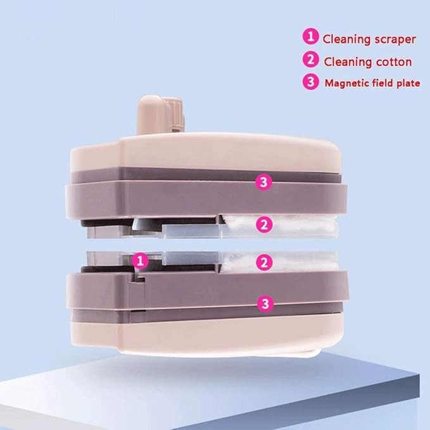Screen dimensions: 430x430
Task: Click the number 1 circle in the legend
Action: click(x=310, y=36)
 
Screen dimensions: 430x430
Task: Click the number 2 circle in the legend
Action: click(x=311, y=60)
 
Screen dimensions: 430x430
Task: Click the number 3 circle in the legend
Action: click(x=311, y=82)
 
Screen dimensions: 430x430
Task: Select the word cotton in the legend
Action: click(x=394, y=61)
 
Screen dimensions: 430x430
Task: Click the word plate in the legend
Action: click(x=408, y=84)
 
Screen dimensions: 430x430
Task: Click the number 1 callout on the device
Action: click(x=140, y=260)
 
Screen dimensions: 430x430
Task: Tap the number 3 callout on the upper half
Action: click(x=263, y=182)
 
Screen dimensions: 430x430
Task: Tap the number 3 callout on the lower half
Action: click(x=265, y=304)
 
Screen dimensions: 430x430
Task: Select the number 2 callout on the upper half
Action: click(x=264, y=225)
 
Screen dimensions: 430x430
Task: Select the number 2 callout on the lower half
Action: click(x=264, y=262)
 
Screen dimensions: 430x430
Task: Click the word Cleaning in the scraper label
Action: click(x=346, y=39)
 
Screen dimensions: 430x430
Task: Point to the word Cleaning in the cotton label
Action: click(x=348, y=61)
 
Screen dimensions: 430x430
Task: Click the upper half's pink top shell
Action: click(x=206, y=153)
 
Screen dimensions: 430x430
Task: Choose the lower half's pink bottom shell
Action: click(x=206, y=336)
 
